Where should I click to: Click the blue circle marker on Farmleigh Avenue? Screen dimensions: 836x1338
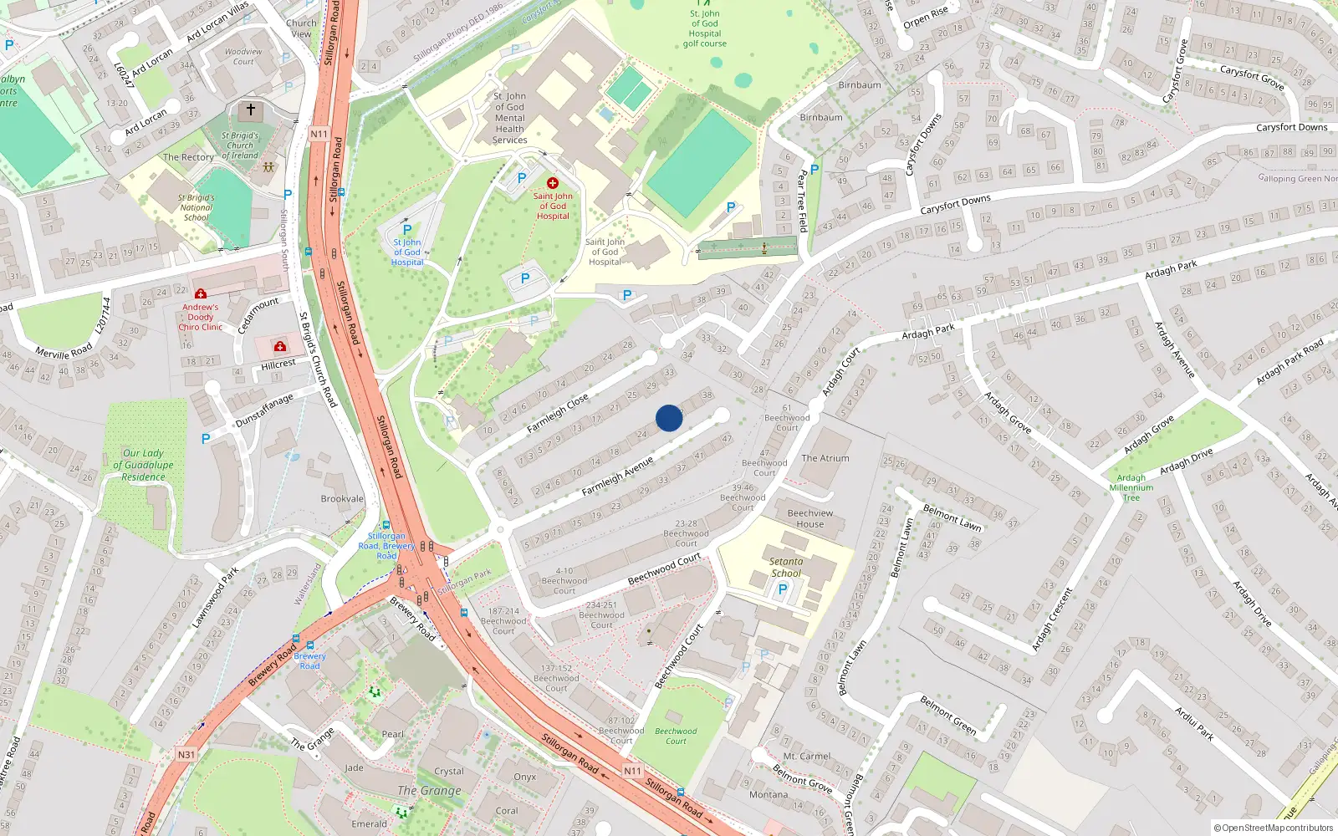[x=669, y=418]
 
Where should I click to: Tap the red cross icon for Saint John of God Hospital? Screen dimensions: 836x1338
[x=552, y=182]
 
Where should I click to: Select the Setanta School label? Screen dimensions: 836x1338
[x=786, y=568]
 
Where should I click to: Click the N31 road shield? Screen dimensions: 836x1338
[x=186, y=754]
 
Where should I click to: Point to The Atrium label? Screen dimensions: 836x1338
[x=825, y=458]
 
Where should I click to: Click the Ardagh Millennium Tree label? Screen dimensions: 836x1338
[x=1131, y=487]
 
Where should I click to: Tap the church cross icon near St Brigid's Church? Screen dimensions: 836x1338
[x=250, y=110]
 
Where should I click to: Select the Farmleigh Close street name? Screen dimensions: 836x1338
[x=557, y=413]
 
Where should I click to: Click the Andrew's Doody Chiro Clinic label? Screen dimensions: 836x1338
[x=201, y=317]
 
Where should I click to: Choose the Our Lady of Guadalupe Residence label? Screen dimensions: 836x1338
[x=143, y=465]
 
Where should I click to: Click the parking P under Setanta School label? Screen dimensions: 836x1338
[x=783, y=589]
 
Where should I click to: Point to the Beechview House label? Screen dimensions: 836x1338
[x=809, y=518]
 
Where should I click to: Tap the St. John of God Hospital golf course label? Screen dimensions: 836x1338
[x=704, y=28]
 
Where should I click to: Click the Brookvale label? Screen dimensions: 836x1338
[x=342, y=499]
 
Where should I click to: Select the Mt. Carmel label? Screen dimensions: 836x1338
[x=806, y=756]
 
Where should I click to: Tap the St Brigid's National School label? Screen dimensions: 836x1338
[x=197, y=207]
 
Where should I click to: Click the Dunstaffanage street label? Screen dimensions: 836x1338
[x=264, y=410]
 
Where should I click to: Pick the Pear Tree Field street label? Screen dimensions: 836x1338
[x=802, y=201]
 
